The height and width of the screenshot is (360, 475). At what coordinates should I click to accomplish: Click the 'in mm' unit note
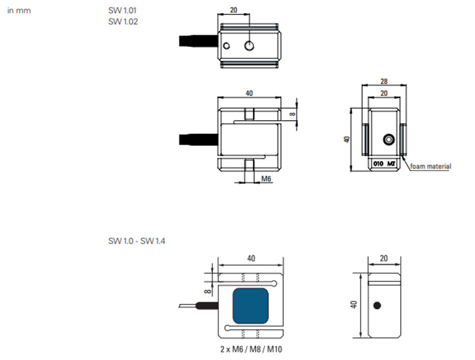(x=19, y=10)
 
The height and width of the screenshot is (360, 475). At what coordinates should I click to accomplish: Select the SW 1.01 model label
(x=122, y=10)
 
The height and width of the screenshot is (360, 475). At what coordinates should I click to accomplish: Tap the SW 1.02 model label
(x=123, y=21)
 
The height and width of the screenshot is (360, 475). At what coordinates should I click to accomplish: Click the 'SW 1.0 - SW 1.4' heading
(x=137, y=241)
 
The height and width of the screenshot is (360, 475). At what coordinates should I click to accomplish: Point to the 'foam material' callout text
(x=430, y=166)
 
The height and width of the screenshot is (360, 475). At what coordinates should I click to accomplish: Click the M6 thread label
(x=266, y=179)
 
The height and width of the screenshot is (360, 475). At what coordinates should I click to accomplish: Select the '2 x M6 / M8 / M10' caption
(x=251, y=349)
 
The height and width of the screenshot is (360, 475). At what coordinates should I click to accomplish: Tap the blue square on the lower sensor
(x=250, y=306)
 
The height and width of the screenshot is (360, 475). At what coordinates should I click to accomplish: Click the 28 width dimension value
(x=384, y=81)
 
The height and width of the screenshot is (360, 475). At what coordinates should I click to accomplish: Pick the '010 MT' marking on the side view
(x=384, y=164)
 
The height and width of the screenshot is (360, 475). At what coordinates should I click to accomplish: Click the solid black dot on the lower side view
(x=377, y=306)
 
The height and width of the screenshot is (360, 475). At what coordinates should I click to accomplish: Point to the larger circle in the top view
(x=249, y=45)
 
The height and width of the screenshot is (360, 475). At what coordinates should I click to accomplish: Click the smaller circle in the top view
(x=226, y=45)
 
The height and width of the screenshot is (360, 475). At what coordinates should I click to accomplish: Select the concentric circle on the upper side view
(x=389, y=139)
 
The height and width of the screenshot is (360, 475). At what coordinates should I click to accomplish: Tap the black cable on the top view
(x=198, y=41)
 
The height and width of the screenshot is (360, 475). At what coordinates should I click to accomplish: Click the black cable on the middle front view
(x=198, y=139)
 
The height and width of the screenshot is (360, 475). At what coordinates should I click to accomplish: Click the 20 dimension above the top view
(x=234, y=10)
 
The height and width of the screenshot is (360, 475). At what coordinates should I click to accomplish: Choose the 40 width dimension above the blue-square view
(x=251, y=258)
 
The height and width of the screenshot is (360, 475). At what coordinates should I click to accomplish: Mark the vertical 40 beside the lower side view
(x=353, y=304)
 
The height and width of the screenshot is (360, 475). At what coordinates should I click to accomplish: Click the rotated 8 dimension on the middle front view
(x=292, y=114)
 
